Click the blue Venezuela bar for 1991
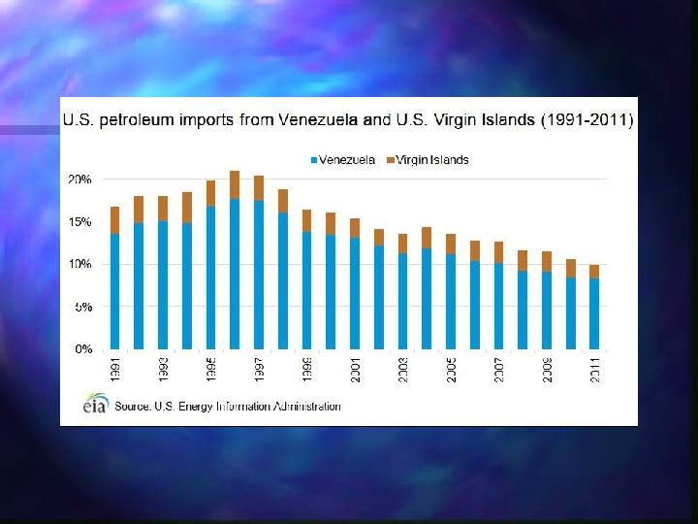[114, 291]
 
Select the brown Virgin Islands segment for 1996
[235, 185]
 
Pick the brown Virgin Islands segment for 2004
[427, 238]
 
